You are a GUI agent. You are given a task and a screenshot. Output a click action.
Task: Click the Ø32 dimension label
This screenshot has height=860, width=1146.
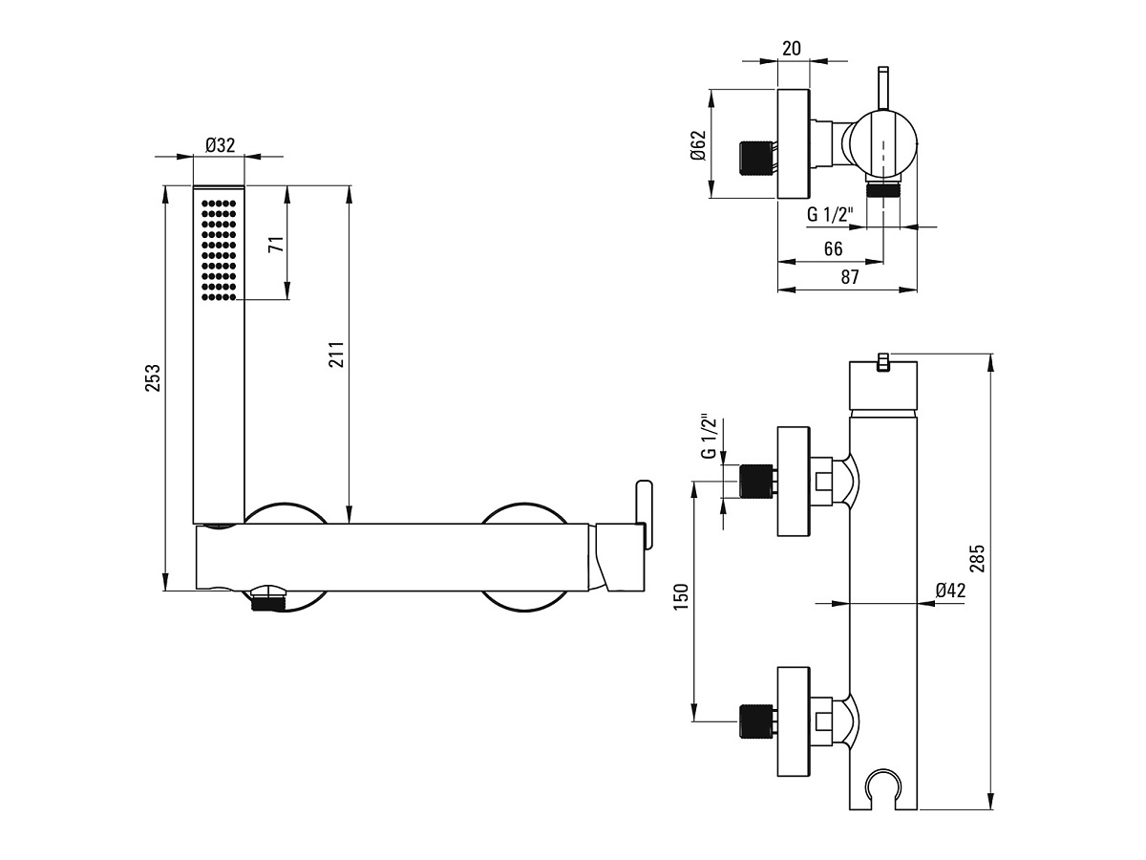pos(220,144)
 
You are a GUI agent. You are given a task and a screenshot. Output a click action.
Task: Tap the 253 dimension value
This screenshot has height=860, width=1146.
pos(153,378)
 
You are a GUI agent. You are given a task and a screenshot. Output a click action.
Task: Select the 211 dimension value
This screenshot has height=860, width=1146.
pos(336,355)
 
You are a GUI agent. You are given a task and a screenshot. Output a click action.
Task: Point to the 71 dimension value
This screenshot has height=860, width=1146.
pos(276,244)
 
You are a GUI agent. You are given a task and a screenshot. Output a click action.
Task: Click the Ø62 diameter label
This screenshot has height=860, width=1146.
pos(698,145)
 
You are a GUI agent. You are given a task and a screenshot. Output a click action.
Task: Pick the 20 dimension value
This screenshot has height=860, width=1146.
pos(792,48)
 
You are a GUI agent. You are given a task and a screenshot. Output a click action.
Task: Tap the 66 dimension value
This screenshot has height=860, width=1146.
pos(834,248)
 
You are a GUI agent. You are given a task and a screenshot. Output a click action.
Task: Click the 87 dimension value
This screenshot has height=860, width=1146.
pos(850,277)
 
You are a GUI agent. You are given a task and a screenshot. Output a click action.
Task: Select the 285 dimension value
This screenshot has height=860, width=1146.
pos(978,558)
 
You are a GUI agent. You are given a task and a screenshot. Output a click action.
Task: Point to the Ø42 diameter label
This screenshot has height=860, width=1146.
pos(951,590)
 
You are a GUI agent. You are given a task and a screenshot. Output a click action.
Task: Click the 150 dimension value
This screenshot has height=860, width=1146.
pos(681,597)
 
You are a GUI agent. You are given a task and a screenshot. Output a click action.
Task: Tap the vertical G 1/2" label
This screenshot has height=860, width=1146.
pos(710,438)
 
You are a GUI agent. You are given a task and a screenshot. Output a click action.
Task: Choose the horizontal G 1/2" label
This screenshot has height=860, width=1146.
pos(830,214)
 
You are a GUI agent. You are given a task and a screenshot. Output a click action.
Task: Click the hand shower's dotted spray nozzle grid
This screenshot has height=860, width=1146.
pos(219,250)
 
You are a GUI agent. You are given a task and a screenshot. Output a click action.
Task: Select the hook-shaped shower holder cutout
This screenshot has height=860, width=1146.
pos(882,786)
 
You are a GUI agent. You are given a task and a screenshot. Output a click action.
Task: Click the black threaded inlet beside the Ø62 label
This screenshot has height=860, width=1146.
pos(756,160)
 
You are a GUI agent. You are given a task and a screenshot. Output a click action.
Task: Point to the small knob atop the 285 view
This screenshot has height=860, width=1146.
pos(882,363)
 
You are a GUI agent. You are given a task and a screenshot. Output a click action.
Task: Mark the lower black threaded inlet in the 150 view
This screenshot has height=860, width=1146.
pos(756,721)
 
